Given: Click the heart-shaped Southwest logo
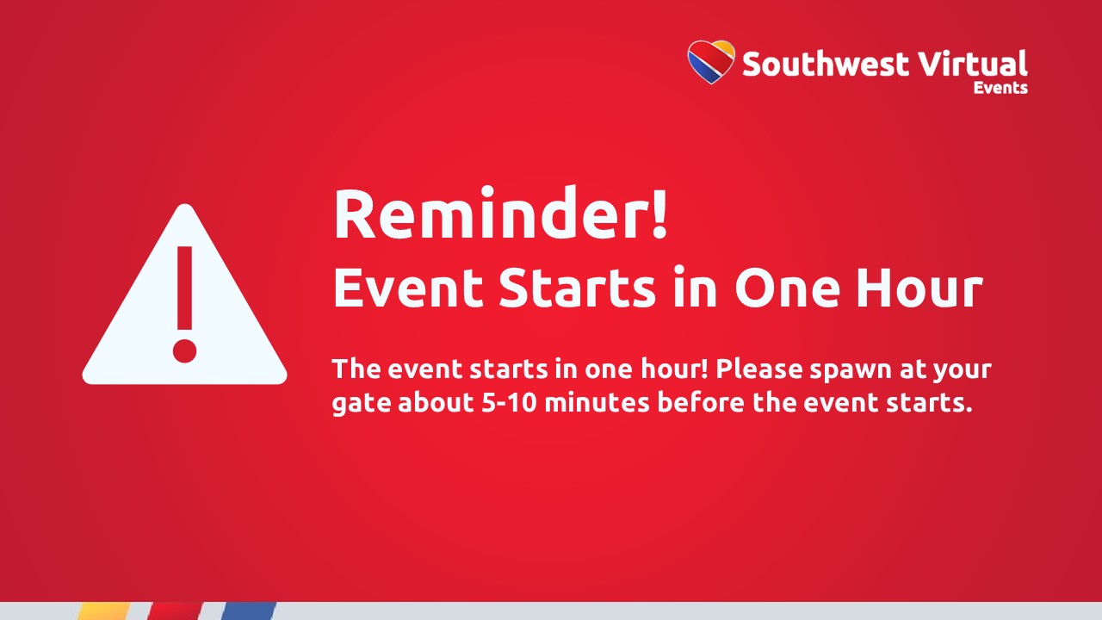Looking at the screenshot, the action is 711,61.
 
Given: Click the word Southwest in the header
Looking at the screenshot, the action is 826,64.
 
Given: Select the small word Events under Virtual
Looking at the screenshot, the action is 1000,88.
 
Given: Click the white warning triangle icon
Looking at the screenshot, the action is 184,294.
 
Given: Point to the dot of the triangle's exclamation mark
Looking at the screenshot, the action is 184,350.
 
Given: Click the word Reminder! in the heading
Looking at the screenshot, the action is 500,214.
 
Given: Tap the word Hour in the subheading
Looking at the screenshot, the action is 919,288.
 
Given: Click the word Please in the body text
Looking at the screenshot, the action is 759,369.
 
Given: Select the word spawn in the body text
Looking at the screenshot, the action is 851,372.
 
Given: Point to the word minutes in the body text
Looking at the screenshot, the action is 597,401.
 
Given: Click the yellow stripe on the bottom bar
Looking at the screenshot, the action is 103,611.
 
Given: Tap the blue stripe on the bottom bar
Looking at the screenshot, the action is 249,611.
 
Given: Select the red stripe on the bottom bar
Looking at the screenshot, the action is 175,611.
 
